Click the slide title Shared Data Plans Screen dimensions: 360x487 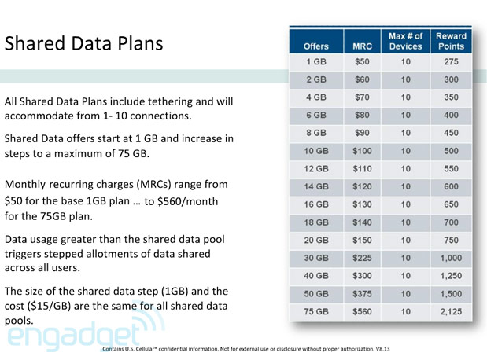(x=84, y=43)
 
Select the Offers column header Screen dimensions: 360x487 (x=315, y=46)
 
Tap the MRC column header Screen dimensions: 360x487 (x=362, y=46)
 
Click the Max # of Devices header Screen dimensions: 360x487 (x=405, y=42)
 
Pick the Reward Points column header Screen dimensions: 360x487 (x=452, y=42)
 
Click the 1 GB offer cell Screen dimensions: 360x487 (x=315, y=62)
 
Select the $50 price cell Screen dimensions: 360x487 (x=362, y=62)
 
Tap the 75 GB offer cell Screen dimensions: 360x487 (x=315, y=311)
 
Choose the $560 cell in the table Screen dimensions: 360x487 (x=362, y=311)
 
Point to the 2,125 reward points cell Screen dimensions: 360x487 (x=452, y=311)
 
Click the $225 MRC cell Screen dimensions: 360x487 (x=362, y=258)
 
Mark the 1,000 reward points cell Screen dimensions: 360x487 (x=452, y=258)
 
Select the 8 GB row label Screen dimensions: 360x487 (x=315, y=133)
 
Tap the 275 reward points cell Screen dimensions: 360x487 (x=452, y=62)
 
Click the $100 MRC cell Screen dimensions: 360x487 (x=362, y=151)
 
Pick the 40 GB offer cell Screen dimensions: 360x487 (x=315, y=276)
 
